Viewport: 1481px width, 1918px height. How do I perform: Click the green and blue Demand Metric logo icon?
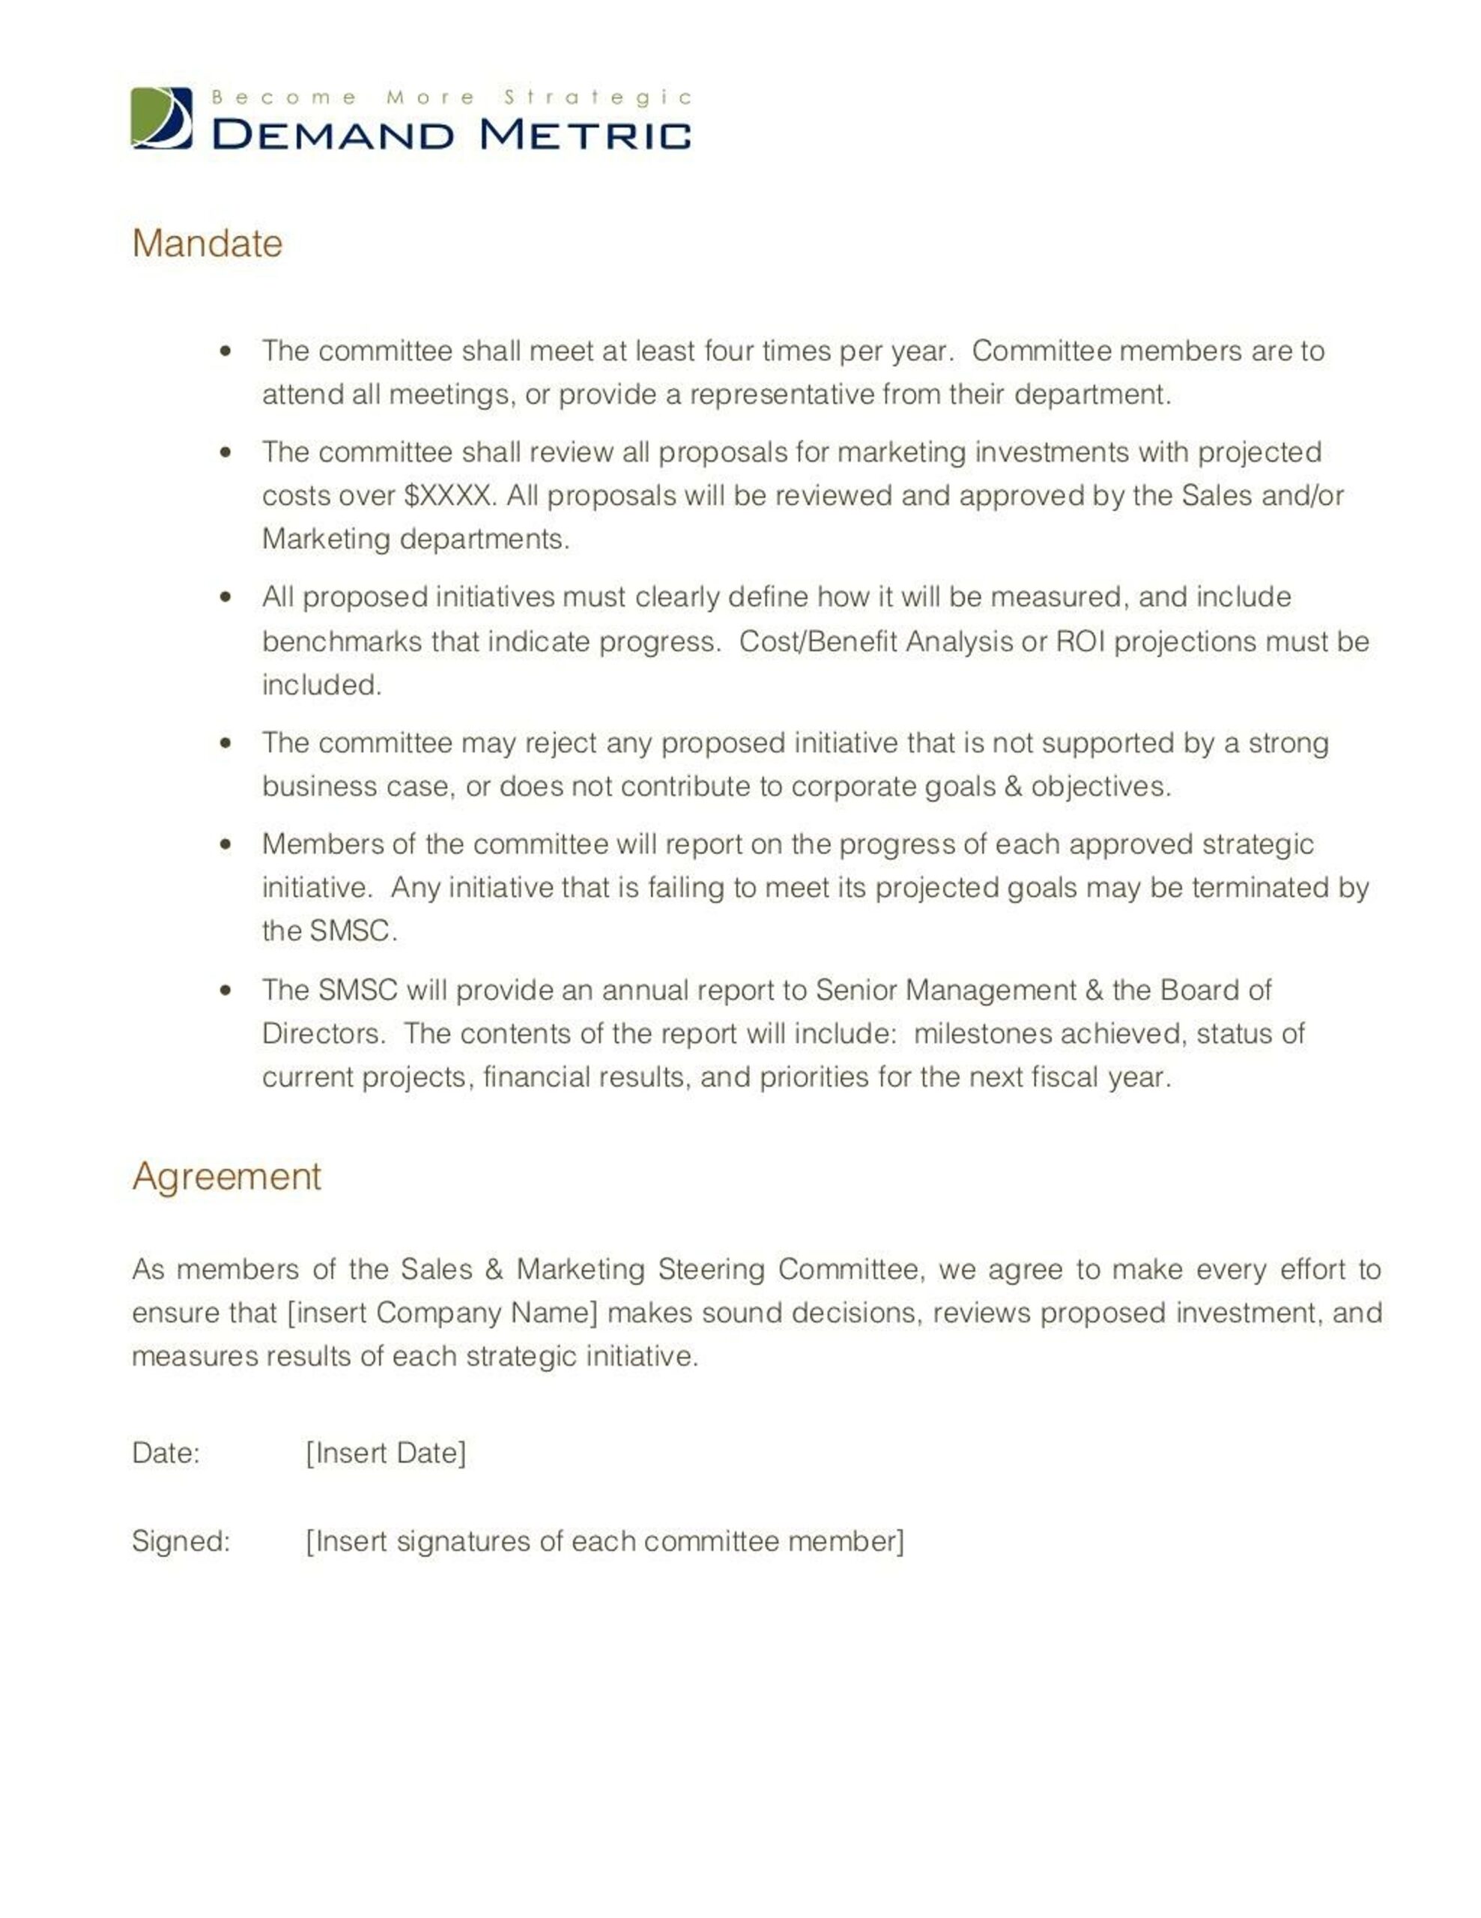point(162,118)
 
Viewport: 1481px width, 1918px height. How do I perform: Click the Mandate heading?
point(208,243)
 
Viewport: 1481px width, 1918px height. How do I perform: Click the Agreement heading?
point(226,1176)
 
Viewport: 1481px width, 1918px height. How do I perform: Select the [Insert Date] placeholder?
point(385,1453)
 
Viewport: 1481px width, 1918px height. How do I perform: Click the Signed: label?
point(181,1541)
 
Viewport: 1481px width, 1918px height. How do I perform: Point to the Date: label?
point(166,1453)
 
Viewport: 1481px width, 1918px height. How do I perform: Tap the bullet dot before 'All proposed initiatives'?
point(226,597)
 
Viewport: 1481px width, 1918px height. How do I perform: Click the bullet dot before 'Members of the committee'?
point(226,844)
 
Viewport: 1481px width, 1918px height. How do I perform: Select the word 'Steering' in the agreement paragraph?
point(711,1269)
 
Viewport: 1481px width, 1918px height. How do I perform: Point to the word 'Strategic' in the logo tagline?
point(598,97)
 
